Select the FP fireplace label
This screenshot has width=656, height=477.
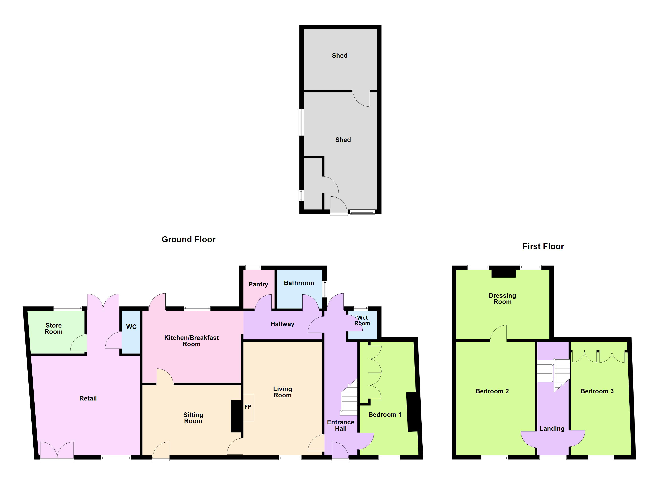tap(248, 407)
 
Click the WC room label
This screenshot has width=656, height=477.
tap(131, 327)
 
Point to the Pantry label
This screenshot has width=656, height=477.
tap(258, 284)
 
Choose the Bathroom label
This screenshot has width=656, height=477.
tap(299, 283)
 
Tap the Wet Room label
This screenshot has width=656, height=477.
tap(362, 321)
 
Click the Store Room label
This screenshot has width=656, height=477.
tap(53, 329)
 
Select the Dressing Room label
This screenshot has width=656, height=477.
tap(502, 299)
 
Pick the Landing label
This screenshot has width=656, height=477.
tap(552, 429)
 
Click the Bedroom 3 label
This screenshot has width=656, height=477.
tap(597, 391)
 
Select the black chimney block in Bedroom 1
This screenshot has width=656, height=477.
tap(412, 412)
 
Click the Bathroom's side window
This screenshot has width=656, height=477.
tap(325, 289)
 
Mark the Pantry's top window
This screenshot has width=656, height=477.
tap(253, 268)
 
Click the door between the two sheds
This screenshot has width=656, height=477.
tap(361, 98)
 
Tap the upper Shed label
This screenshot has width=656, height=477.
tap(340, 55)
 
